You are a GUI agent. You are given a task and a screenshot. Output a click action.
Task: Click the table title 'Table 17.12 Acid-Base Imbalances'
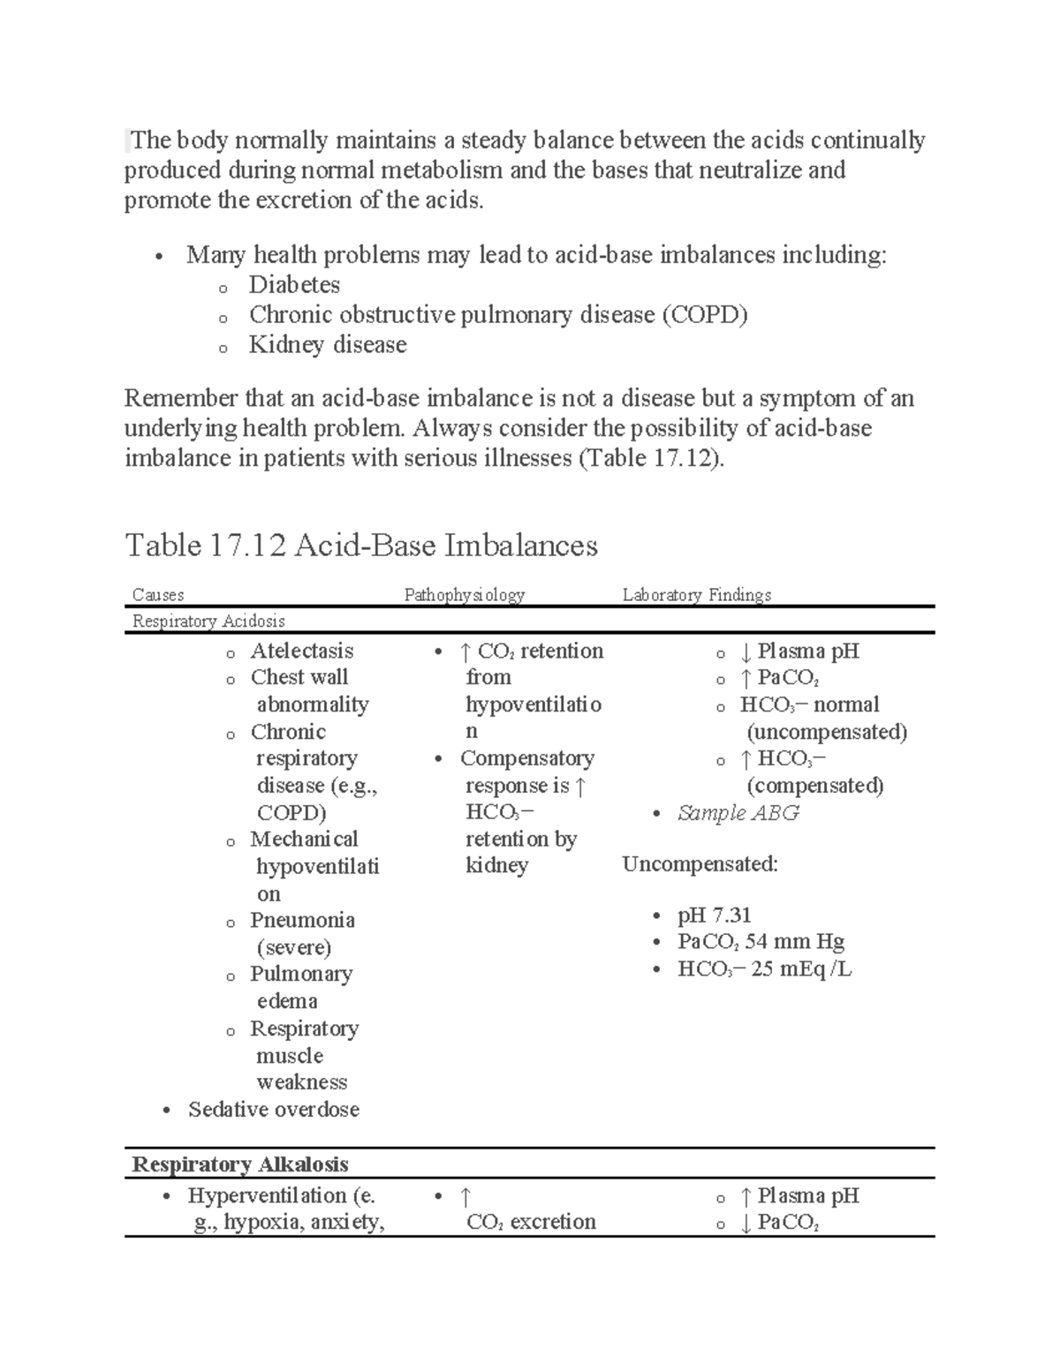click(x=361, y=546)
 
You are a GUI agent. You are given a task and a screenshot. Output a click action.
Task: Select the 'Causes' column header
click(x=158, y=595)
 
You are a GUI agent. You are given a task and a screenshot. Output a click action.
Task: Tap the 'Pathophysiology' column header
click(x=464, y=595)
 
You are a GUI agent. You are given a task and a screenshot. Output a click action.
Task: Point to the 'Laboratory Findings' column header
click(x=696, y=595)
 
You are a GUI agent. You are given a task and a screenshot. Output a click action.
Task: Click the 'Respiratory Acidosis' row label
click(x=208, y=621)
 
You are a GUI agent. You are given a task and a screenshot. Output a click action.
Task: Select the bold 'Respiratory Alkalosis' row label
click(x=239, y=1164)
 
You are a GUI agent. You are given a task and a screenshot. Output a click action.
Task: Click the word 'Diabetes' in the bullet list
click(x=294, y=285)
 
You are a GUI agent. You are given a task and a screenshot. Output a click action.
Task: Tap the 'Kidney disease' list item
click(x=328, y=345)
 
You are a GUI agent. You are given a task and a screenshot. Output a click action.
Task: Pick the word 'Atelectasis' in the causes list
click(x=301, y=652)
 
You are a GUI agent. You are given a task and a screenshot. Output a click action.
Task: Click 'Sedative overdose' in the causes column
click(x=273, y=1110)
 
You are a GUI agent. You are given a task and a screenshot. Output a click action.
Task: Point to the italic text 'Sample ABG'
click(x=738, y=813)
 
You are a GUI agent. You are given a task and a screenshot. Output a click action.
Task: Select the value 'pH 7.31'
click(x=714, y=915)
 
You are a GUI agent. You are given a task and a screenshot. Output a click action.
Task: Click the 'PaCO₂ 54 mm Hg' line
click(x=761, y=942)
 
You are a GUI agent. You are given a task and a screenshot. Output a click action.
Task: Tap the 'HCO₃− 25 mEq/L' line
click(x=764, y=969)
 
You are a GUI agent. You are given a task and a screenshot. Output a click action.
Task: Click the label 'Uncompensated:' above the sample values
click(x=700, y=864)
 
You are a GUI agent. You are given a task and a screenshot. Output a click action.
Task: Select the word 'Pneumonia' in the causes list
click(x=302, y=921)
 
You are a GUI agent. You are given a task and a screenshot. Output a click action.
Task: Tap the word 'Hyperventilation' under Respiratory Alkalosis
click(x=266, y=1196)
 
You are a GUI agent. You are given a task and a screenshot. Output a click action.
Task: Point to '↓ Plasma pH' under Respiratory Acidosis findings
click(x=799, y=652)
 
